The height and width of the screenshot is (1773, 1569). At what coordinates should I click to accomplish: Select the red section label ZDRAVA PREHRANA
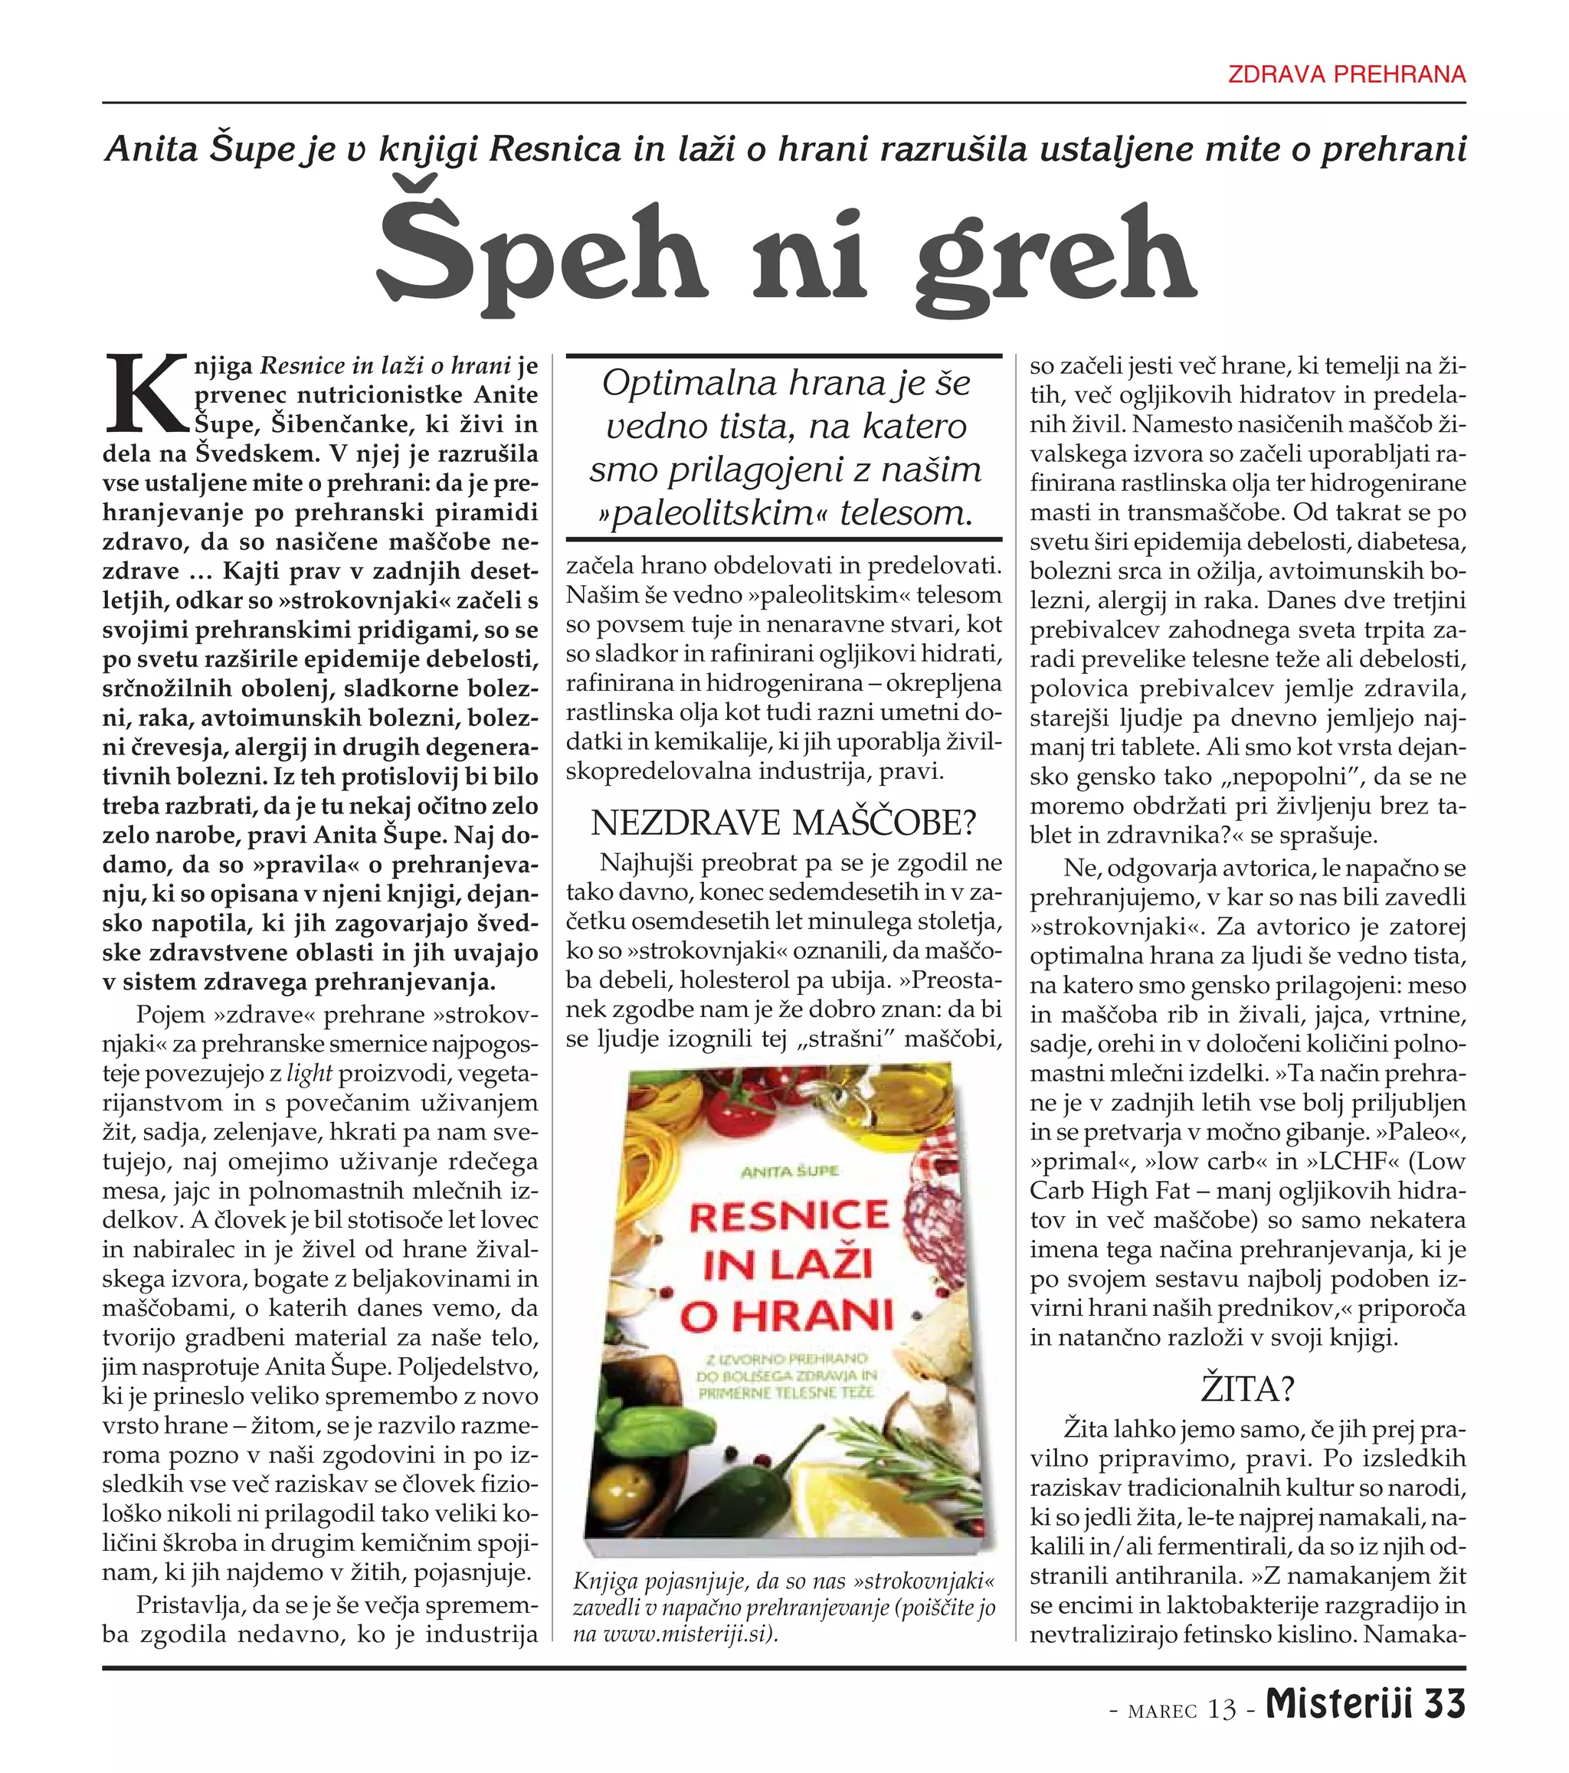click(1347, 74)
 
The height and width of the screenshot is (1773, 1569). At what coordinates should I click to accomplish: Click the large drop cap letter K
click(146, 394)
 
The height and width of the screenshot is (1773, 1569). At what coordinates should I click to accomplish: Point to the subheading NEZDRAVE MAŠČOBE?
click(784, 823)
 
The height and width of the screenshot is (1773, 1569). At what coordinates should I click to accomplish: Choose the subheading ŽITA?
click(1248, 1389)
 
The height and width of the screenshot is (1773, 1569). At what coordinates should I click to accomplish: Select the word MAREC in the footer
click(1162, 1709)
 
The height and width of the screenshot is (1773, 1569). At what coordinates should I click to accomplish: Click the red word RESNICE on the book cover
click(789, 1216)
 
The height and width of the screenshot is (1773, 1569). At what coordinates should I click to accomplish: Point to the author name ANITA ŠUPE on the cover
click(790, 1171)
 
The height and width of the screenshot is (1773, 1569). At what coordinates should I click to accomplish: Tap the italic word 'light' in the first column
click(309, 1074)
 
